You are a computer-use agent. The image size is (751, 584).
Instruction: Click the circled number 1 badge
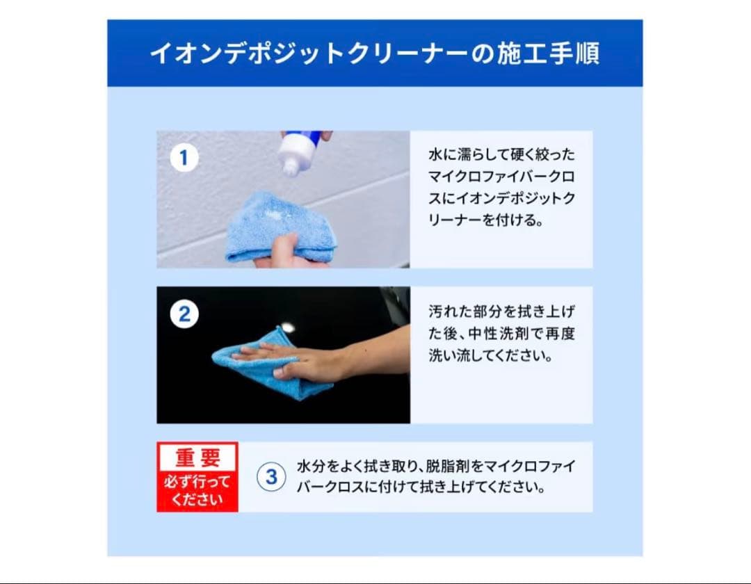[184, 158]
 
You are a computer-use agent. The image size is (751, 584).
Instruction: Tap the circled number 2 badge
[184, 314]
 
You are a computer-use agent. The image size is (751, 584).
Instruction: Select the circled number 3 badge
[271, 477]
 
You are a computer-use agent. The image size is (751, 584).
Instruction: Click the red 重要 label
[197, 457]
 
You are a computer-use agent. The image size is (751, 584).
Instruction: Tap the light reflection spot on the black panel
[287, 327]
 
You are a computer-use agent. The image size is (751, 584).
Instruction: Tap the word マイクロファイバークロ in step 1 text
[501, 177]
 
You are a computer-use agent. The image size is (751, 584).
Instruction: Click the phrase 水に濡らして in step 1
[462, 154]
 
